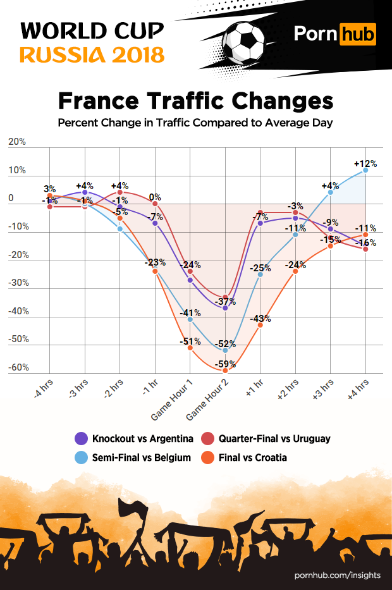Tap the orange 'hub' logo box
[358, 33]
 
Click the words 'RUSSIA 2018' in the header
[92, 55]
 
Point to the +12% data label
[366, 163]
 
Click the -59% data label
[225, 364]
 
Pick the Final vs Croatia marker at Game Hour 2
[225, 371]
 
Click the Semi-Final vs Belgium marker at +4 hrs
[365, 170]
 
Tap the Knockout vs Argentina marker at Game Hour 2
[225, 307]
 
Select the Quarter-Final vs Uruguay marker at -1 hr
[155, 204]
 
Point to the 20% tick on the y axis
[17, 142]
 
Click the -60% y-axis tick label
[18, 367]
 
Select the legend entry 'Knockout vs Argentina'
[142, 438]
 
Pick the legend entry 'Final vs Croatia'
[252, 457]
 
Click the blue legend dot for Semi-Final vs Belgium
[82, 457]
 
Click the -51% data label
[190, 341]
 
